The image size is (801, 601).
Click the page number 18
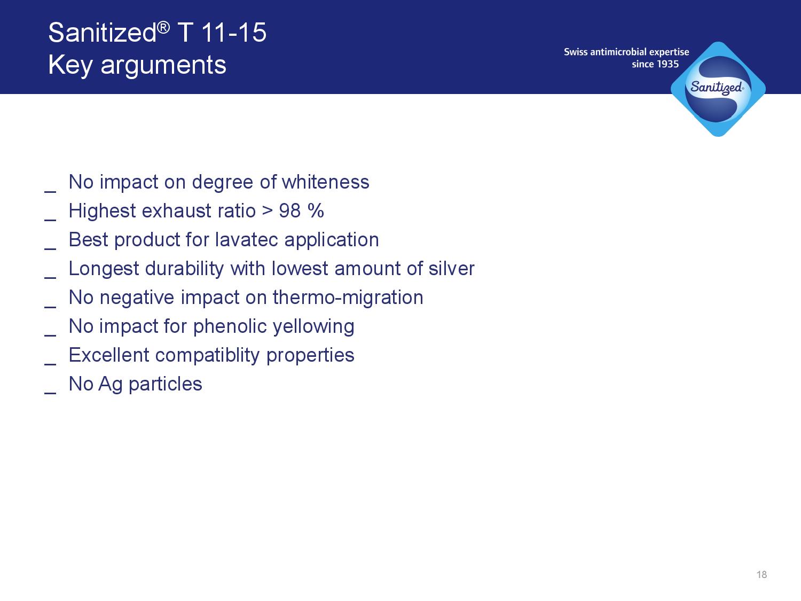tap(761, 575)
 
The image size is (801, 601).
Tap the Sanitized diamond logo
tap(718, 89)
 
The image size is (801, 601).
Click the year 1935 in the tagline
tap(668, 64)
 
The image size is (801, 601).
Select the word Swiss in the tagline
tap(576, 52)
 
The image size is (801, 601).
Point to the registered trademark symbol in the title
tap(164, 27)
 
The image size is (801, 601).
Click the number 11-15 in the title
tap(233, 33)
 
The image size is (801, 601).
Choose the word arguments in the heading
tap(163, 66)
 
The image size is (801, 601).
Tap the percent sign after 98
tap(316, 210)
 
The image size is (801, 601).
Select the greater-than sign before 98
tap(268, 211)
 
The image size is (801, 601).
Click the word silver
tap(451, 269)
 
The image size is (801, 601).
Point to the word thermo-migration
tap(348, 298)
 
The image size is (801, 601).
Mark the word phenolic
tap(230, 326)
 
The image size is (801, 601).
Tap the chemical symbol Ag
tap(110, 385)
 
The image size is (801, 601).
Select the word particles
tap(166, 385)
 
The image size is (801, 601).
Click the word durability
tap(185, 269)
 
